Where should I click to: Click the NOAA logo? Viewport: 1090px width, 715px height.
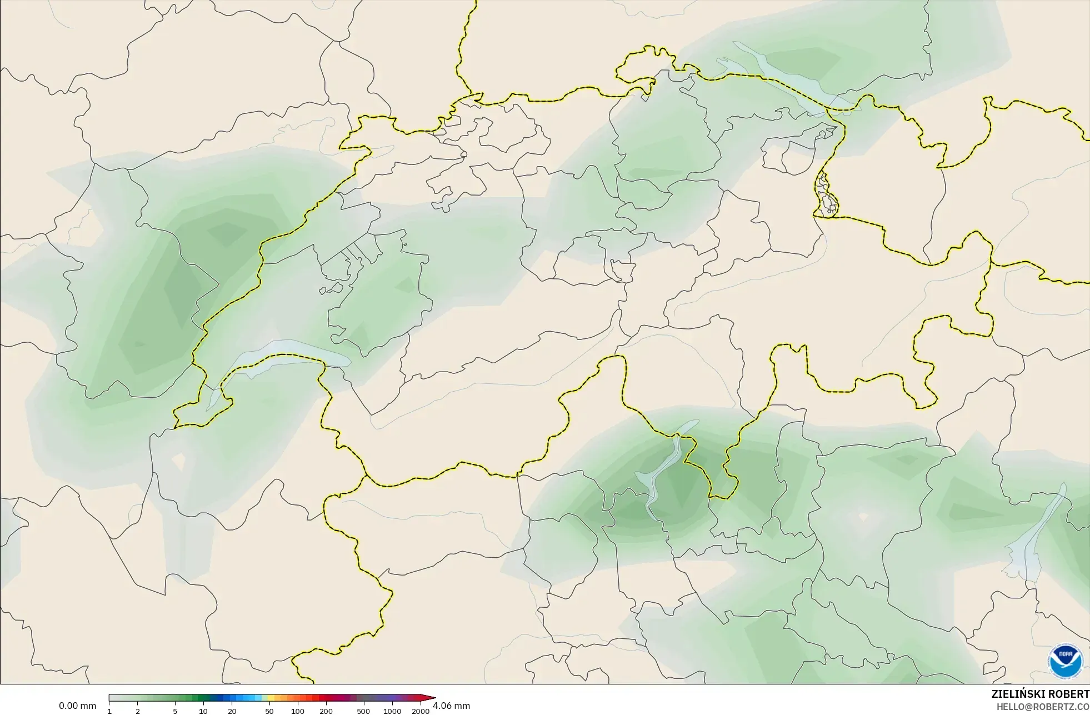[1065, 661]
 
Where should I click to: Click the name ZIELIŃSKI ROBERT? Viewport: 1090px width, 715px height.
[1040, 694]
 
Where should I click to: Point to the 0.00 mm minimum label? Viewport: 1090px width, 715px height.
[77, 706]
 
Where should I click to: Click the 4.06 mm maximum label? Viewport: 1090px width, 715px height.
[451, 706]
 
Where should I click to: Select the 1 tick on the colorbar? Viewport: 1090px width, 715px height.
[109, 711]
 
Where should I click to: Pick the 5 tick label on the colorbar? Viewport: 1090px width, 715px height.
[175, 711]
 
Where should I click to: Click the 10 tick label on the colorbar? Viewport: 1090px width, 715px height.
[203, 711]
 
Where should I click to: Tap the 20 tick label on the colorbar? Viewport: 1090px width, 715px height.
[232, 711]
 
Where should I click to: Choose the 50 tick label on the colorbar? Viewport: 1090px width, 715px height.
[269, 711]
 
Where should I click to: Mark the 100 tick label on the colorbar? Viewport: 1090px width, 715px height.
[298, 711]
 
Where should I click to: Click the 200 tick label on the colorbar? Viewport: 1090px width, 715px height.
[326, 711]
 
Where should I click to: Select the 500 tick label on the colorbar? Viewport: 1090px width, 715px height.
[363, 711]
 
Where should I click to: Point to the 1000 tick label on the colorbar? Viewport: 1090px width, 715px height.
[392, 711]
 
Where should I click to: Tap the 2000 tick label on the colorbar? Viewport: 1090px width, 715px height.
[421, 711]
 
